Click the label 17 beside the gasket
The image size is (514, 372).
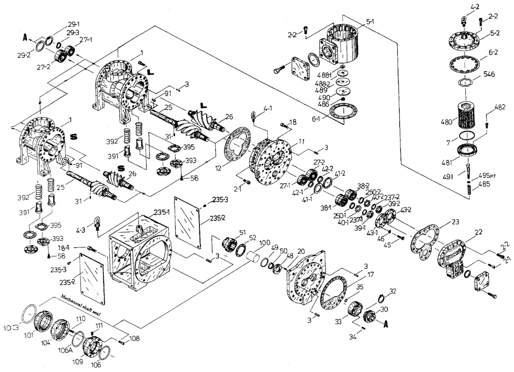coord(370,274)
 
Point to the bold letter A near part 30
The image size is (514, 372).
coord(385,325)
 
